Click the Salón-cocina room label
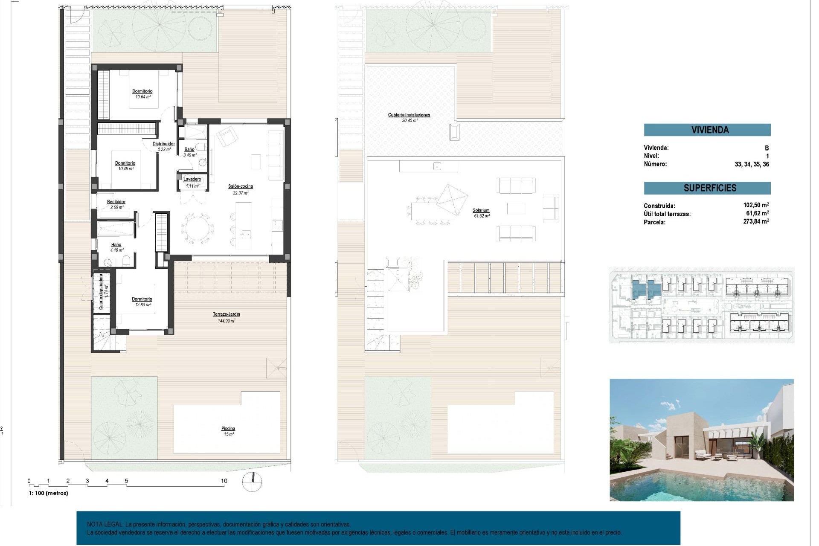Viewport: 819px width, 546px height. click(240, 186)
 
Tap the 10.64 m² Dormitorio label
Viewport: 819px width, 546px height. click(142, 91)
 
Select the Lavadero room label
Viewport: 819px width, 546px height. click(192, 179)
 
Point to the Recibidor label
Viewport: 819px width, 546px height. click(116, 202)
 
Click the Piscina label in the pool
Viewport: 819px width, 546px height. click(228, 429)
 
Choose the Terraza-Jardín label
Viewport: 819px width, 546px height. click(227, 314)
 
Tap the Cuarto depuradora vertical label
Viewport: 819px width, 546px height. click(101, 292)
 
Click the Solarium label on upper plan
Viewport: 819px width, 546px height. click(481, 210)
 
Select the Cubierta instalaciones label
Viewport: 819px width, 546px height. click(409, 115)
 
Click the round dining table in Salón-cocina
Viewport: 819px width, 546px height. click(197, 229)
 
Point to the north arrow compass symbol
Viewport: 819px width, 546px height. click(252, 482)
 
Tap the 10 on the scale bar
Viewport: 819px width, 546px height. click(224, 481)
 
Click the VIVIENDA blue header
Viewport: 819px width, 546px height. click(707, 130)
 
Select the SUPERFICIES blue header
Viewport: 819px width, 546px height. click(707, 188)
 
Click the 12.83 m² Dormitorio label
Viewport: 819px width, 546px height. click(142, 299)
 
